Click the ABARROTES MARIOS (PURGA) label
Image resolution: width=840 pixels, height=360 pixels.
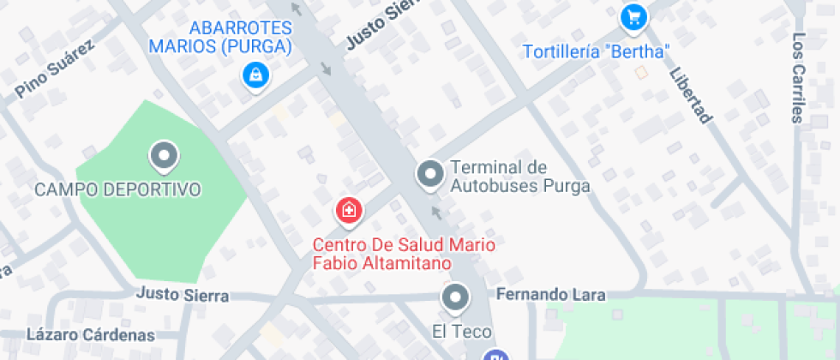221,36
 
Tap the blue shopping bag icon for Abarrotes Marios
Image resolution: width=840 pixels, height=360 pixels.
255,75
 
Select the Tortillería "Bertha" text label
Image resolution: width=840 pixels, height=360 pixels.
597,51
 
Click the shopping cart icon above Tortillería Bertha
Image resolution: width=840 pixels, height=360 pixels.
633,15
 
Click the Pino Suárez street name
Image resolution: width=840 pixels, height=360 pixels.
54,70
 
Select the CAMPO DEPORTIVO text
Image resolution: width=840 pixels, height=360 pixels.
117,189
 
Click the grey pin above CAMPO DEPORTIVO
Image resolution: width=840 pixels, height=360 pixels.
163,157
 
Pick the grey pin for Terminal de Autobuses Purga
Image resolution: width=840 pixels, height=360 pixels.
429,174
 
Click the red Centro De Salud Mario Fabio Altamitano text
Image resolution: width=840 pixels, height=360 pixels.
403,254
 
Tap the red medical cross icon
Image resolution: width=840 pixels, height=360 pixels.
348,210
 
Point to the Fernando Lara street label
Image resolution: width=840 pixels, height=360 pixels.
551,295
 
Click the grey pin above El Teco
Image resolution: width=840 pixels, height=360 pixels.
455,298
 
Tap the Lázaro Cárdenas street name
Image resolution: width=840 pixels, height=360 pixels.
91,334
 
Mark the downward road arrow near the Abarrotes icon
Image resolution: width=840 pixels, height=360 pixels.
325,69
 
